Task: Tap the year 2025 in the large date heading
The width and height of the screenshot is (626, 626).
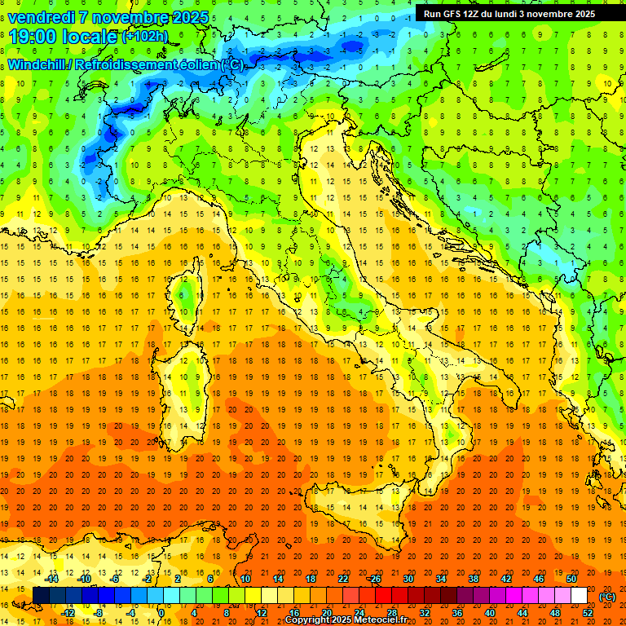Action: tap(187, 17)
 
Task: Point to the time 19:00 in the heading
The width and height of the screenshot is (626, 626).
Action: tap(38, 37)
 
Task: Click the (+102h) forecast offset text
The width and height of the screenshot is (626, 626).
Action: tap(145, 37)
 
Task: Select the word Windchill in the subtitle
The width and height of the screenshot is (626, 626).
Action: tap(38, 64)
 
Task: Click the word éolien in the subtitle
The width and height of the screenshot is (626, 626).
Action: tap(193, 64)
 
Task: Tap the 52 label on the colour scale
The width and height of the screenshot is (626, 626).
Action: tap(587, 613)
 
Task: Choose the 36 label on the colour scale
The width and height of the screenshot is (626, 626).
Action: tap(457, 613)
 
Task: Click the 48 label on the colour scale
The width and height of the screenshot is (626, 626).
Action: tap(554, 613)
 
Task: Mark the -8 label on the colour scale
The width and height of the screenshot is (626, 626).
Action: tap(99, 613)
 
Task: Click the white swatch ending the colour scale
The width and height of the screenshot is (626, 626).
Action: tap(579, 595)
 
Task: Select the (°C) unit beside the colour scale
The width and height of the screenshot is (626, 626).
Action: tap(607, 596)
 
